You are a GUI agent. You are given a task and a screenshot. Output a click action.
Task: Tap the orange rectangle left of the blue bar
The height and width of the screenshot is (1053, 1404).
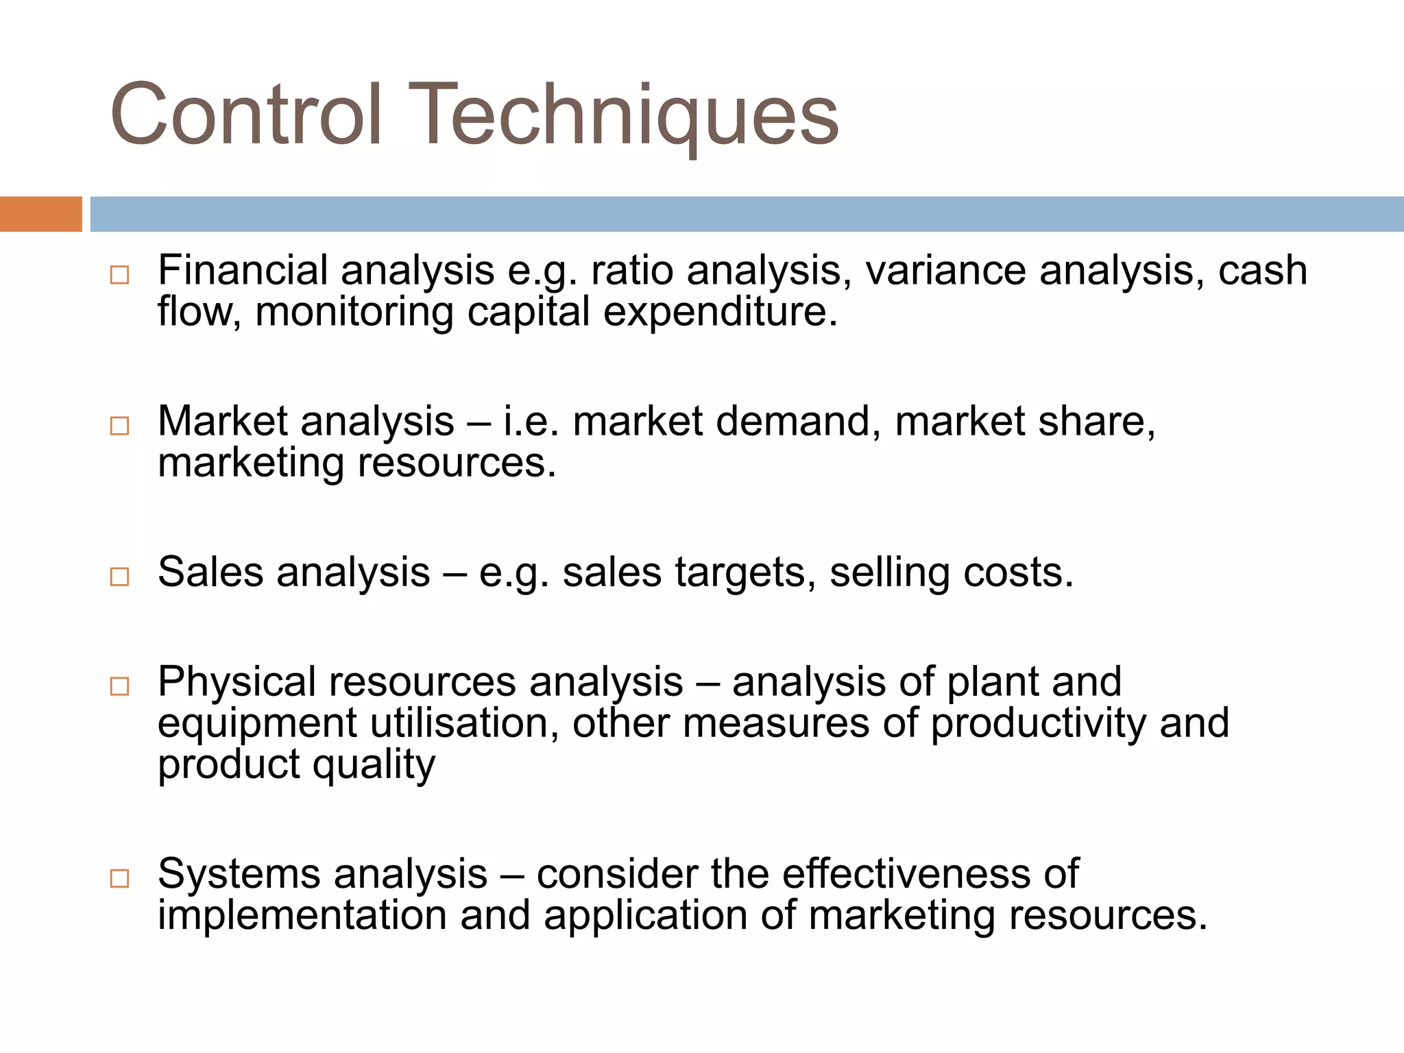(40, 214)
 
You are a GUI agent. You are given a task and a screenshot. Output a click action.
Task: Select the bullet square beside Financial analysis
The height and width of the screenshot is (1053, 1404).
(119, 276)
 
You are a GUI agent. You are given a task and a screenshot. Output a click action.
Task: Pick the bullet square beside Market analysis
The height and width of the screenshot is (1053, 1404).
(119, 426)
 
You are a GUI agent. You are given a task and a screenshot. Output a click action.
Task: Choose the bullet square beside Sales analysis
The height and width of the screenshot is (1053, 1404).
(119, 577)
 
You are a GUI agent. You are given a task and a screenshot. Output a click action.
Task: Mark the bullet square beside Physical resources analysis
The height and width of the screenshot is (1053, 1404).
(119, 686)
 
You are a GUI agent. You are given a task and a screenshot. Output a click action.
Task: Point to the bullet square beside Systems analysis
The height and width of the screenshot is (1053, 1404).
(119, 878)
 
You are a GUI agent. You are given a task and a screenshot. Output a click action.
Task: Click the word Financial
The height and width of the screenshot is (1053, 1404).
(243, 270)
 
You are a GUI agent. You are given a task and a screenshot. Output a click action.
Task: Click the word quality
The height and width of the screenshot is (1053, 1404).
(374, 765)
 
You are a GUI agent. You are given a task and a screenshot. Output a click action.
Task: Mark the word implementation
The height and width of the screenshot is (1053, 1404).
(302, 916)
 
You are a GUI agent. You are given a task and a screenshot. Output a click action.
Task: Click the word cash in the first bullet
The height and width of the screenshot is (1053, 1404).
(1263, 270)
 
